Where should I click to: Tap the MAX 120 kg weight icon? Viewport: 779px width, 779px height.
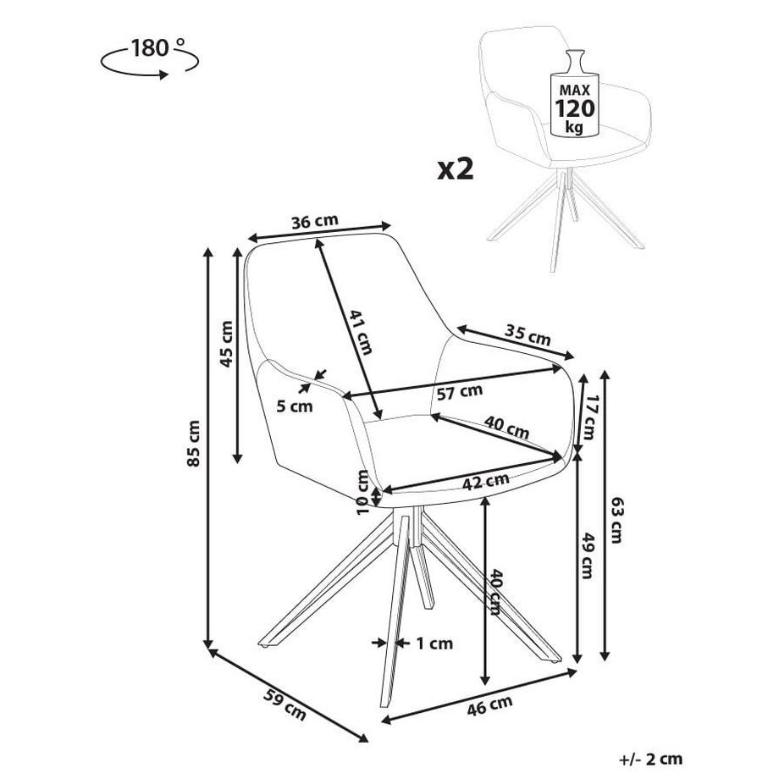tap(575, 100)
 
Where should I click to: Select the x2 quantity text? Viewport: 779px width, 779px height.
tap(456, 168)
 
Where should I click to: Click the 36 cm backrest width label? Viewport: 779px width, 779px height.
tap(314, 221)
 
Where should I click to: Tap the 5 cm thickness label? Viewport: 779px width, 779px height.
tap(295, 406)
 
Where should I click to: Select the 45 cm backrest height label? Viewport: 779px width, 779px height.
tap(225, 344)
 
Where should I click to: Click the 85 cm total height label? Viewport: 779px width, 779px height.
tap(195, 443)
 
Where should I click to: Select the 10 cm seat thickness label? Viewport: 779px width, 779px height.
tap(362, 493)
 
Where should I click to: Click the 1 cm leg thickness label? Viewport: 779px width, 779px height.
tap(434, 644)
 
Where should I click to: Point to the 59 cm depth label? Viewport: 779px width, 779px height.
tap(284, 704)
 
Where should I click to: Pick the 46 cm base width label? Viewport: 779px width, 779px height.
tap(490, 704)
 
